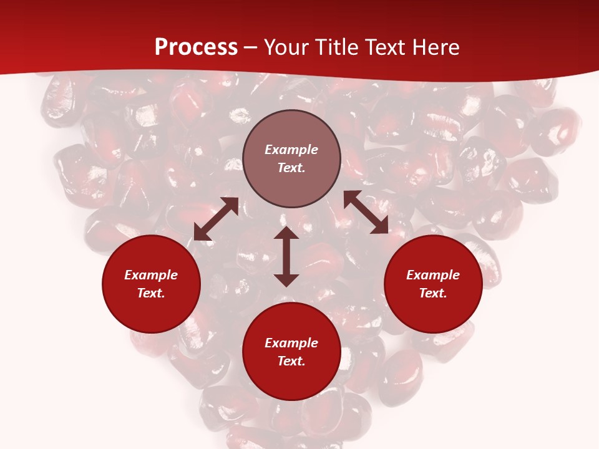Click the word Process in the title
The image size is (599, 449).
click(x=196, y=47)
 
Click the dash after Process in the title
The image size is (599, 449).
click(x=251, y=48)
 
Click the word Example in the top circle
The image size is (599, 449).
click(x=291, y=150)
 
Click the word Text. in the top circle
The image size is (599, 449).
click(x=291, y=168)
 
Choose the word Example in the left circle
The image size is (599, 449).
click(x=151, y=275)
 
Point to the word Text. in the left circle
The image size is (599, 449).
click(x=151, y=293)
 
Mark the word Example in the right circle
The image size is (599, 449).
click(x=433, y=275)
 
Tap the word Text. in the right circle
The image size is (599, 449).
click(x=433, y=293)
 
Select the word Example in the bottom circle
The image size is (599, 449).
click(x=291, y=343)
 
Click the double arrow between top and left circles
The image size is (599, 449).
click(x=216, y=219)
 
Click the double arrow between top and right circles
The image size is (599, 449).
click(x=366, y=212)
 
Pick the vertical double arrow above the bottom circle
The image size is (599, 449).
click(x=286, y=256)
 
